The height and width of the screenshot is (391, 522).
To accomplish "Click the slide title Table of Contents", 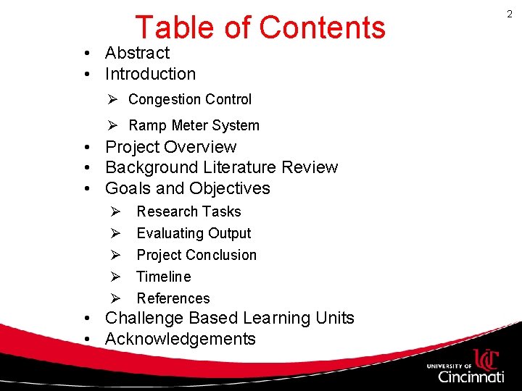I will tap(260, 28).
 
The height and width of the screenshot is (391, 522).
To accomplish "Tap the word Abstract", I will tap(137, 53).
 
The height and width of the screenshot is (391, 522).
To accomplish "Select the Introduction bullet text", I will tap(150, 74).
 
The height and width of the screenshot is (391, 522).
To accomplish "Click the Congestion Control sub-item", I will tap(190, 99).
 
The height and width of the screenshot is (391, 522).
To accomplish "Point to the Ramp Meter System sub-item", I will tap(194, 125).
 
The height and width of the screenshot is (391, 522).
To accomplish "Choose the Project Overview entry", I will tap(170, 147).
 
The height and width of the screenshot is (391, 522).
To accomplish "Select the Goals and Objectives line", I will tap(187, 188).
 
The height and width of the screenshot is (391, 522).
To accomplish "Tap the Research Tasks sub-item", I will tap(188, 211).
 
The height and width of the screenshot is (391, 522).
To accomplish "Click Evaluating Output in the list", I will tap(194, 233).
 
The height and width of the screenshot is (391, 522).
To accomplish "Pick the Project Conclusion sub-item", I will tap(196, 255).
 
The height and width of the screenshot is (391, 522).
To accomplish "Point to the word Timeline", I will tap(164, 277).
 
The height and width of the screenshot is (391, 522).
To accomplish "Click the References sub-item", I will tap(173, 298).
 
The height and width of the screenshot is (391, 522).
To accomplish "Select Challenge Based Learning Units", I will tap(229, 318).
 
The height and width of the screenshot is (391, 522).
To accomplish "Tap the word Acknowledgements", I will tap(180, 339).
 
